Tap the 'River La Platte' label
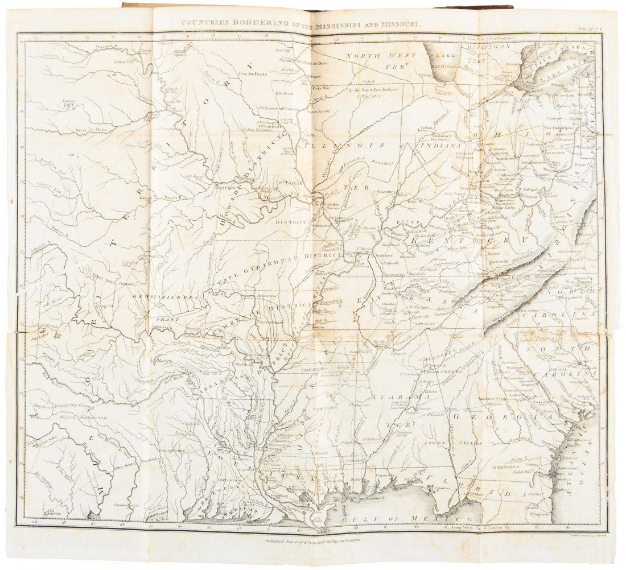pyautogui.click(x=92, y=130)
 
